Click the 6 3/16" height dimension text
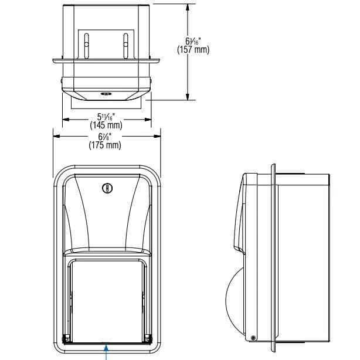point(192,41)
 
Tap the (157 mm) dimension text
point(192,50)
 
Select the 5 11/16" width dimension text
point(106,116)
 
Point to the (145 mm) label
point(106,125)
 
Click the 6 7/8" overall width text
point(105,137)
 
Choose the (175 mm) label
point(105,145)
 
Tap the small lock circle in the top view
point(106,93)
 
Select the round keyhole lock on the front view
point(106,188)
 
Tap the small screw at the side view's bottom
point(253,338)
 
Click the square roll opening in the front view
point(106,299)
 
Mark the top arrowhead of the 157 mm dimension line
point(188,7)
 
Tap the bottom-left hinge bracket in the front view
point(67,337)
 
